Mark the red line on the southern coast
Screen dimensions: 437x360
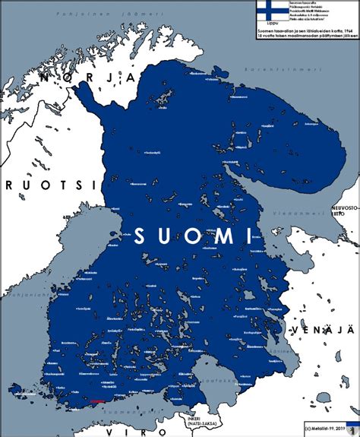click(97, 400)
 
